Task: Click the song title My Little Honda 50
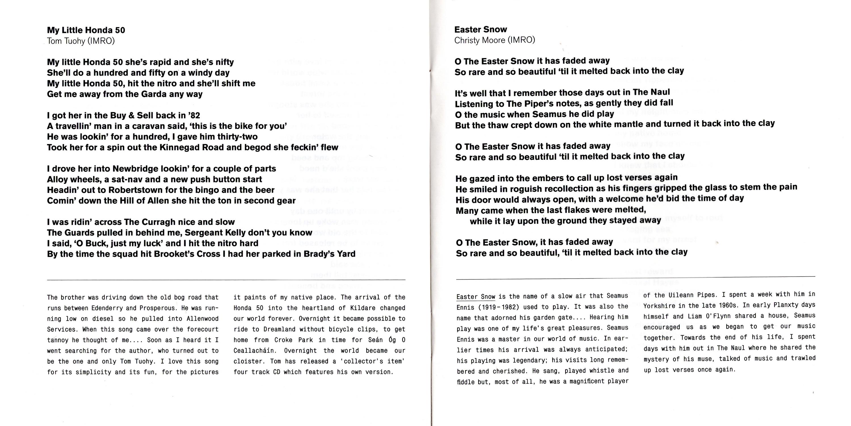click(86, 30)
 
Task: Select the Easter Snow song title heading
click(480, 30)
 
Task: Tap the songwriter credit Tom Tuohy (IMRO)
click(81, 41)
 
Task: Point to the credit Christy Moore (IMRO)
click(494, 40)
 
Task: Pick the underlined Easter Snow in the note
click(476, 297)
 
